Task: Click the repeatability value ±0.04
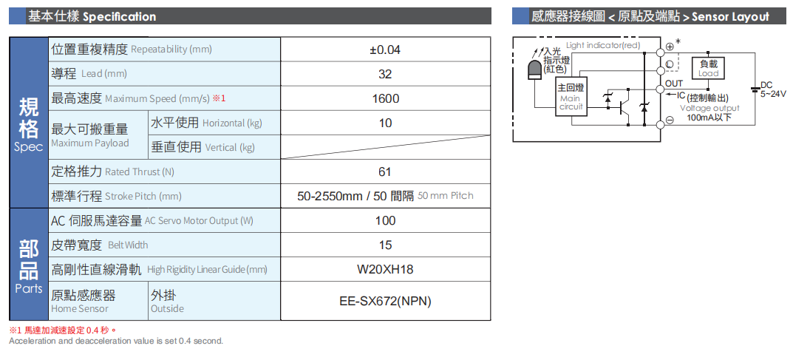[384, 50]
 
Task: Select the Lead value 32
[384, 74]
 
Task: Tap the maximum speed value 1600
[385, 98]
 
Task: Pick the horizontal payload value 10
[385, 123]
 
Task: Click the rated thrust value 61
[384, 171]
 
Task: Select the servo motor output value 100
[385, 220]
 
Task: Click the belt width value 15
[385, 245]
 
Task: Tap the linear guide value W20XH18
[385, 269]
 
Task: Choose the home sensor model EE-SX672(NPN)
[385, 301]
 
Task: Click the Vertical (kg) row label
[202, 147]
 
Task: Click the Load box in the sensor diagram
[708, 68]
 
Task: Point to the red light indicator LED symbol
[534, 70]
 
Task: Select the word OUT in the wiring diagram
[674, 84]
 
